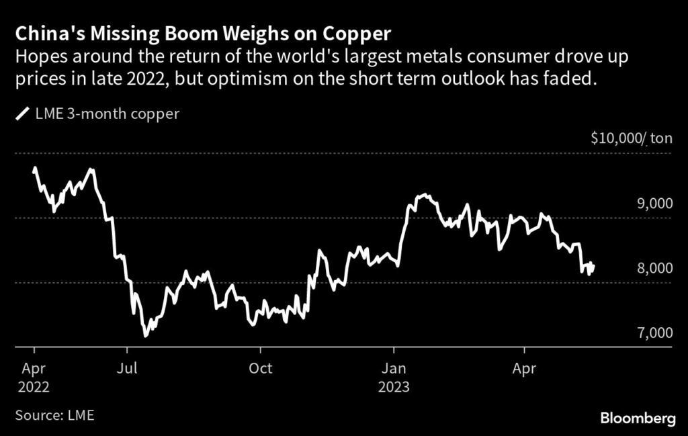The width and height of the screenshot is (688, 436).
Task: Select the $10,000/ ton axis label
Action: click(632, 138)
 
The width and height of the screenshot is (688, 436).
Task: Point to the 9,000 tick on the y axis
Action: click(654, 204)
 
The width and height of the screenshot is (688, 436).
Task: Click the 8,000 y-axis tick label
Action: click(654, 269)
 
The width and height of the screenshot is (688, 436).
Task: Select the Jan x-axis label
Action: click(394, 367)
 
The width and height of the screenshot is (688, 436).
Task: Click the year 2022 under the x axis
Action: click(34, 388)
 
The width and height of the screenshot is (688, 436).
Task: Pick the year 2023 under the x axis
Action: click(394, 388)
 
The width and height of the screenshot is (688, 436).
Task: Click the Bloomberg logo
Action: click(638, 418)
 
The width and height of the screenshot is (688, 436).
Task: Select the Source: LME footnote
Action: click(54, 415)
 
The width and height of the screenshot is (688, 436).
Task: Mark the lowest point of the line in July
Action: click(145, 335)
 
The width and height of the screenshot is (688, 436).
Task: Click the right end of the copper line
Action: click(593, 266)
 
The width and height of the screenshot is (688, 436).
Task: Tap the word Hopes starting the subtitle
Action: click(38, 56)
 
